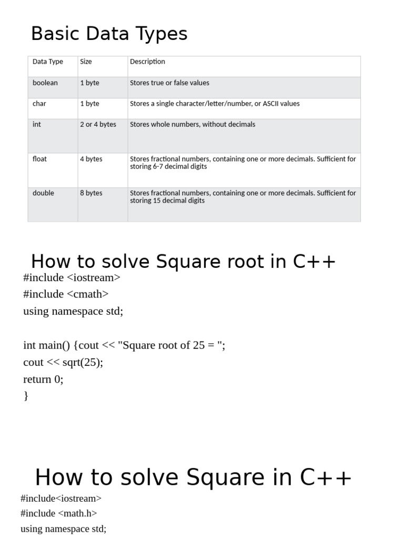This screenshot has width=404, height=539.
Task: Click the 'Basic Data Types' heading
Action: point(109,34)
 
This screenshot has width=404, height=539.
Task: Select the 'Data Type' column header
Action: point(47,62)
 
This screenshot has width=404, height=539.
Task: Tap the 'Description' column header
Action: point(147,62)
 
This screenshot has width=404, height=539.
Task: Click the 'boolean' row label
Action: point(45,83)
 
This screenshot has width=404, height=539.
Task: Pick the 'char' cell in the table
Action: point(39,104)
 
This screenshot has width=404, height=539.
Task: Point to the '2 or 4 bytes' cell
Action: point(98,125)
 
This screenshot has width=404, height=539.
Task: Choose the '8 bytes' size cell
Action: point(91,193)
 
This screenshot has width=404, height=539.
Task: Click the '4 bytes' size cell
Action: point(91,159)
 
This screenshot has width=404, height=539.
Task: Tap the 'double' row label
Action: point(43,193)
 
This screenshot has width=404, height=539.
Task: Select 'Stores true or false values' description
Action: point(169,83)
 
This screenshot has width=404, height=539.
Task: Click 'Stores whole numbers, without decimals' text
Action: point(193,125)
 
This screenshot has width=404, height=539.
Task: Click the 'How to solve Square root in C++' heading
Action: point(183,262)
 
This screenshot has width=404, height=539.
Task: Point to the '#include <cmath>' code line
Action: point(66,294)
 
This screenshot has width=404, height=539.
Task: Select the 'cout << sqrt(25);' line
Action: point(63,362)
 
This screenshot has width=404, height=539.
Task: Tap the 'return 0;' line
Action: point(43,379)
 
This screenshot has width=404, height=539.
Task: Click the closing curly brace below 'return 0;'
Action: point(26,396)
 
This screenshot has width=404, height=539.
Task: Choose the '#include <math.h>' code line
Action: point(58,513)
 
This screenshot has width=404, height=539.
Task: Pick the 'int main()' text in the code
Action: point(48,345)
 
